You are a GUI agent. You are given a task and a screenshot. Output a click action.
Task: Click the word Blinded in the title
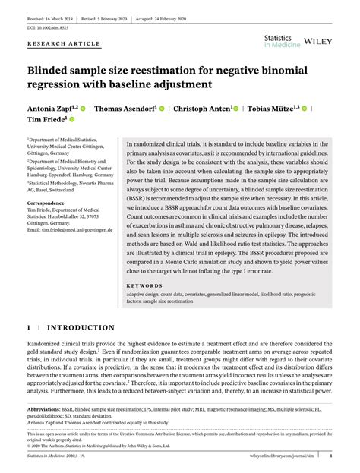tap(52, 71)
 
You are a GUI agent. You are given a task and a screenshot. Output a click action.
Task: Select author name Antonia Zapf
tap(50, 108)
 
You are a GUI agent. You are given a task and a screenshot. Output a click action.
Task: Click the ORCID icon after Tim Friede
tap(73, 120)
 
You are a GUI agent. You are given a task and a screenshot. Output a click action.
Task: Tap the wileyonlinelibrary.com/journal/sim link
tap(292, 456)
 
